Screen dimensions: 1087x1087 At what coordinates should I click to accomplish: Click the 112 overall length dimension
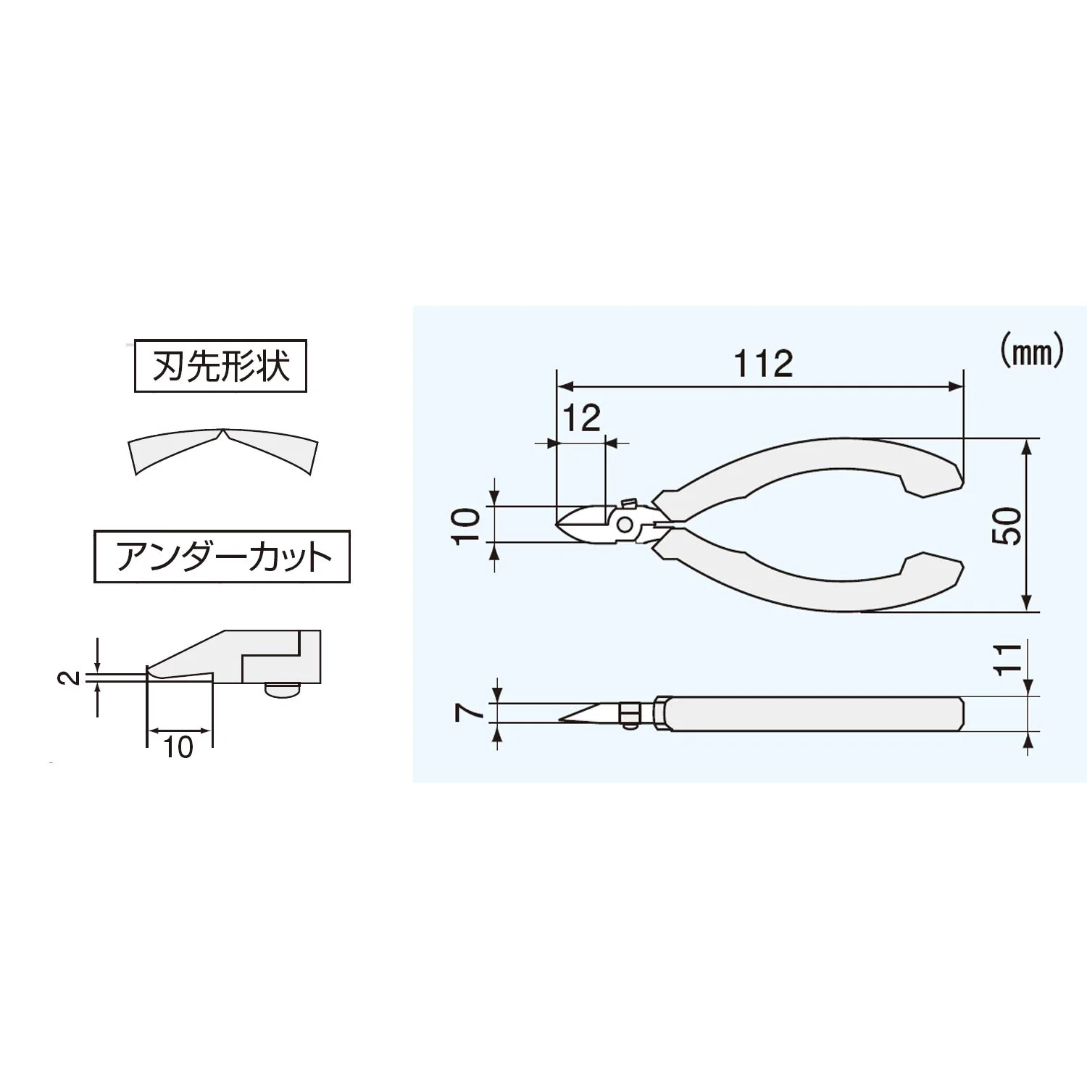(764, 364)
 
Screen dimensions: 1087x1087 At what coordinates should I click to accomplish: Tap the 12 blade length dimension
(581, 418)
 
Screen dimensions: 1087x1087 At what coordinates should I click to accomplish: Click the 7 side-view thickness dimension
(469, 713)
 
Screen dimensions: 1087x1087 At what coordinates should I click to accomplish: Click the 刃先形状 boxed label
(221, 367)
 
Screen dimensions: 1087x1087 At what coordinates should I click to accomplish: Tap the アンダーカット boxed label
(222, 557)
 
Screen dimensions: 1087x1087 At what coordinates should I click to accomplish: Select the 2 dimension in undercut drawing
(67, 678)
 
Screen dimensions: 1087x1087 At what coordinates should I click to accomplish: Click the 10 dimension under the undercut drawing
(178, 746)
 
